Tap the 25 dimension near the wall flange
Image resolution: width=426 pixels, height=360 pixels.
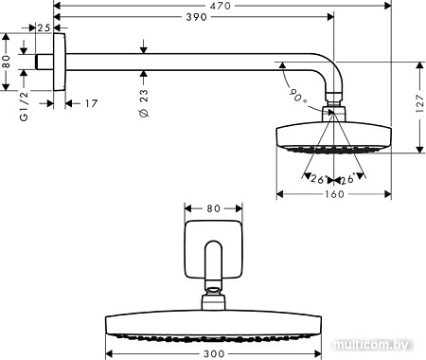(43, 28)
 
